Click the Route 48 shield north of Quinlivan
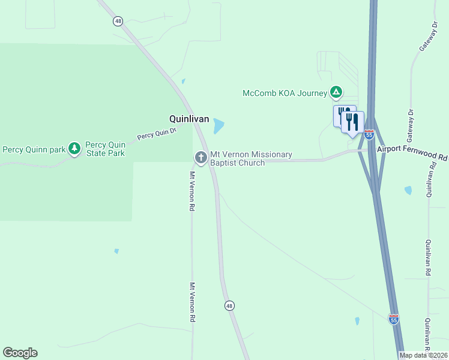[117, 21]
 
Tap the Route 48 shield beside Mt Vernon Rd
[229, 306]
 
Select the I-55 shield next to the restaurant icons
[369, 135]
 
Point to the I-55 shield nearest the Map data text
[393, 320]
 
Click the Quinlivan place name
[188, 119]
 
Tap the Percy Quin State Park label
[105, 149]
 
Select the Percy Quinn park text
[34, 149]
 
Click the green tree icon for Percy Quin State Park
[74, 148]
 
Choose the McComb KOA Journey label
[285, 93]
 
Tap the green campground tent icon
[337, 92]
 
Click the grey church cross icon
[200, 158]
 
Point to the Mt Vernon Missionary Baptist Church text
[251, 158]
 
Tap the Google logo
[20, 353]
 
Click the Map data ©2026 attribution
[424, 355]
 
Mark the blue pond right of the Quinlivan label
[218, 126]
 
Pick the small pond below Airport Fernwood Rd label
[408, 190]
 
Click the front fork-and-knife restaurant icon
[352, 122]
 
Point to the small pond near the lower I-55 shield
[357, 321]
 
